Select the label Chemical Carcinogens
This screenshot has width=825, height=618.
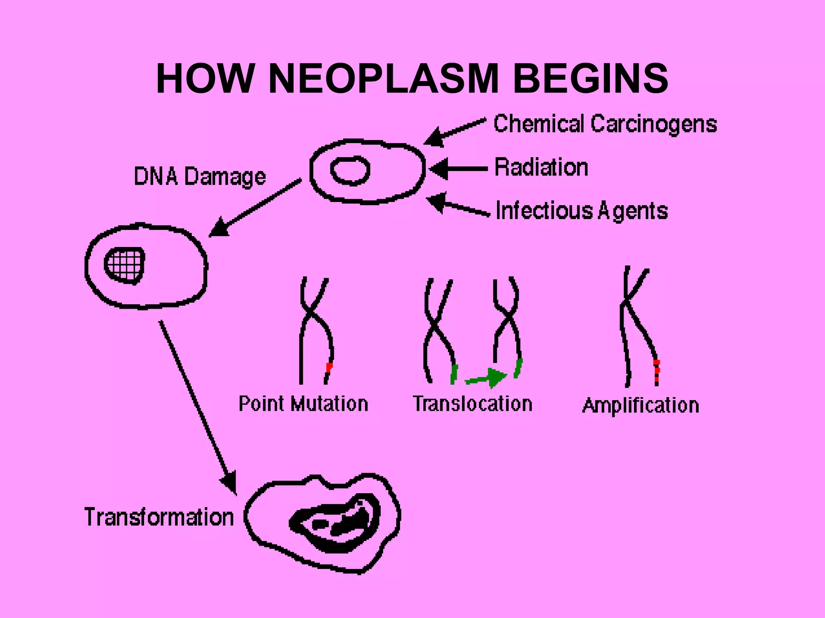click(x=605, y=124)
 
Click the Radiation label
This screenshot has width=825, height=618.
click(x=541, y=167)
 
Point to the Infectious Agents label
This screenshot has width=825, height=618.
click(x=581, y=210)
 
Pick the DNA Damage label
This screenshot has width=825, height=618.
click(x=200, y=176)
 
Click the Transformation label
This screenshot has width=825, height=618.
click(x=159, y=517)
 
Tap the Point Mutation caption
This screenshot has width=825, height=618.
click(x=303, y=404)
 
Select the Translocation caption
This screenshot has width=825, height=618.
click(x=473, y=404)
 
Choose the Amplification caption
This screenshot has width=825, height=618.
click(x=641, y=405)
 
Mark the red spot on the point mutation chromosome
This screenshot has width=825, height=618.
click(x=329, y=367)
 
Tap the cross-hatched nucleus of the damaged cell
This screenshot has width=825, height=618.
click(x=125, y=265)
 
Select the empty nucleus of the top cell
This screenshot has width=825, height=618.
click(x=350, y=170)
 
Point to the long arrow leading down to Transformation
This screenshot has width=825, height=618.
click(x=197, y=406)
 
